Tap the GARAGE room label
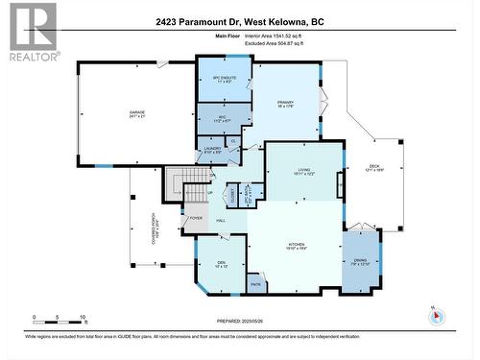[x=137, y=114]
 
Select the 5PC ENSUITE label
[x=224, y=81]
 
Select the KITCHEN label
[x=297, y=246]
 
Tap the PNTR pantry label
[x=255, y=284]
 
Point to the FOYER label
[x=196, y=218]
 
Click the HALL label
[x=221, y=222]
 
